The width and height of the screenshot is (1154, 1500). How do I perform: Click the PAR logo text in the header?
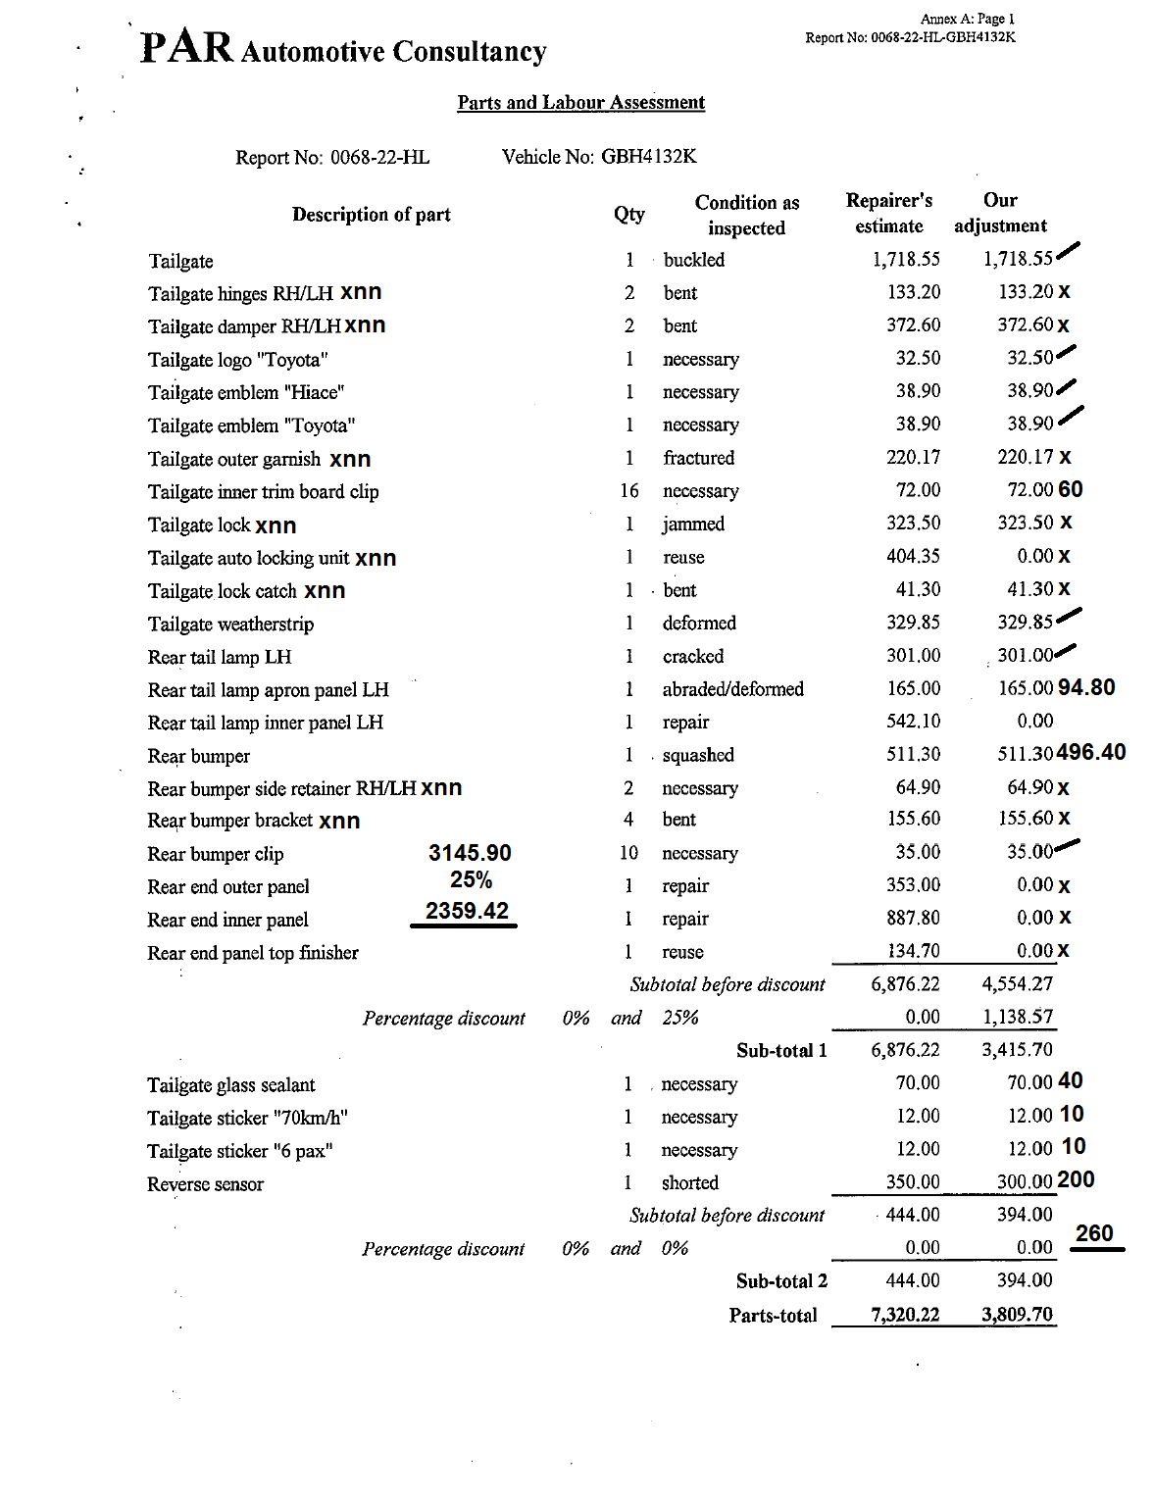[186, 47]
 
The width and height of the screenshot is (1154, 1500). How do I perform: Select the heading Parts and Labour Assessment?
[580, 103]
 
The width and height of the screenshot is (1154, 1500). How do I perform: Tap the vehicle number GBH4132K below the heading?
[648, 157]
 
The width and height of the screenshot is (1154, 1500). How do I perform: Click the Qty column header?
[629, 214]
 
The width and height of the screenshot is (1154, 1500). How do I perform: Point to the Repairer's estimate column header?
[889, 213]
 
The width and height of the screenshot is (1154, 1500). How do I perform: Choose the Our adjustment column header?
[1000, 213]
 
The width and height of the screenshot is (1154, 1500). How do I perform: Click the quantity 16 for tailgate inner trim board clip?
[628, 490]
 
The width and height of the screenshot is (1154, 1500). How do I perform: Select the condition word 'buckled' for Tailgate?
[694, 260]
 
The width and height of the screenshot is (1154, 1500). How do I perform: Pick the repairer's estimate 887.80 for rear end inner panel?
[913, 918]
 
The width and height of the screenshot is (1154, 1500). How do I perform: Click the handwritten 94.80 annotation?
[1086, 687]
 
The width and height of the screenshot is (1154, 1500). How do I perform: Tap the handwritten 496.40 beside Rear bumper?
[1091, 752]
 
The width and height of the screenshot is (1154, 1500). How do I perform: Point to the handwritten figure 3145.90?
[470, 853]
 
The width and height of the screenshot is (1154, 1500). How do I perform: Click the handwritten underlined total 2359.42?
[467, 911]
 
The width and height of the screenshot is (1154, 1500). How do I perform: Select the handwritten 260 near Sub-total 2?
[1094, 1233]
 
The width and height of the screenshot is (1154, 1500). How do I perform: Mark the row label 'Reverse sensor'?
[205, 1184]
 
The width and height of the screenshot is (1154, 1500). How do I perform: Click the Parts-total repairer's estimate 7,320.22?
[905, 1315]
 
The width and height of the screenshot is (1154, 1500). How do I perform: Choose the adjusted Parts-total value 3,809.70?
[1017, 1315]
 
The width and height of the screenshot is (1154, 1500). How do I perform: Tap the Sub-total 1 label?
[781, 1051]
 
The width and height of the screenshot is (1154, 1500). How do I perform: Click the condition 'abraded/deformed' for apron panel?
[732, 689]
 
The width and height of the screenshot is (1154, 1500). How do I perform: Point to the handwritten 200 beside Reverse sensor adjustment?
[1076, 1179]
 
